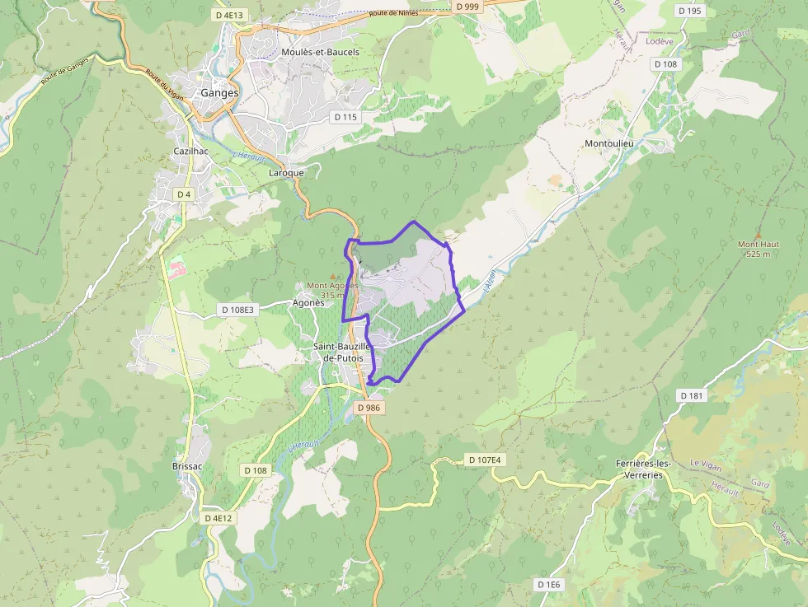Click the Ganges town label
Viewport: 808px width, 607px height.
coord(219,93)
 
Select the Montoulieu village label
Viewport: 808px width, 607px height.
coord(608,143)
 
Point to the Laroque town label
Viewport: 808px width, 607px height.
coord(286,173)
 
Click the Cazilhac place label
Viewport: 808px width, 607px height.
coord(190,152)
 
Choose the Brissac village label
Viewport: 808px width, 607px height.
coord(187,466)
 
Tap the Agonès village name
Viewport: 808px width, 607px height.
coord(309,302)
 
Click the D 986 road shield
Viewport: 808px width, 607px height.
coord(369,408)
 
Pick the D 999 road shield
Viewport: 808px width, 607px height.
coord(467,7)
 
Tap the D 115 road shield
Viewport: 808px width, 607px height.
coord(346,117)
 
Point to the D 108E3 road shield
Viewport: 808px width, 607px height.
coord(238,310)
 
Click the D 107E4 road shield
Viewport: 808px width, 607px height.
coord(483,460)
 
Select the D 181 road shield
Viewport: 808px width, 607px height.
coord(692,395)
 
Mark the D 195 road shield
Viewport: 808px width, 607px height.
coord(688,11)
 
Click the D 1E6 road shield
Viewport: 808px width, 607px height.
coord(548,585)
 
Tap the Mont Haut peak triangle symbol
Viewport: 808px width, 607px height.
coord(758,235)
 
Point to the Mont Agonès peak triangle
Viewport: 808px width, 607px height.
coord(333,277)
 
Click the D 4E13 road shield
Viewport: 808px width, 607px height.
coord(231,15)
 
